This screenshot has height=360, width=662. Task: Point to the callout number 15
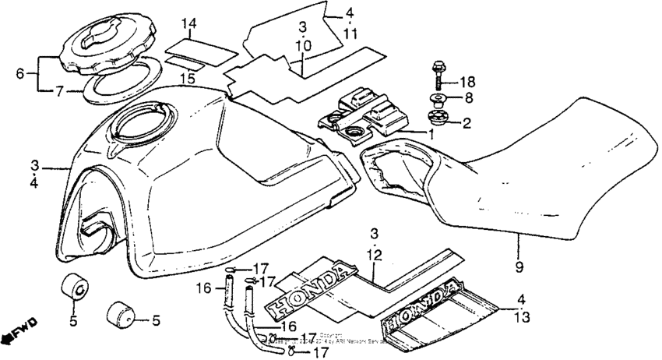tap(185, 79)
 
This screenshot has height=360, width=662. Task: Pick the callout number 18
tap(466, 81)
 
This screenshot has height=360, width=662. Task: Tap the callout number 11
tap(350, 34)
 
